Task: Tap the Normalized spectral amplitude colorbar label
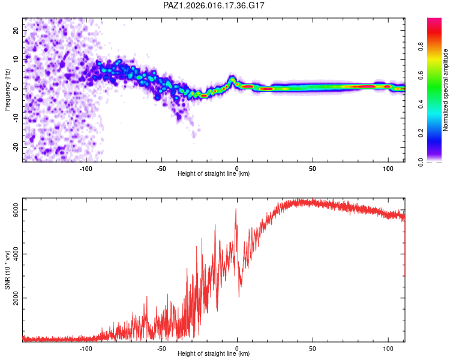tap(446, 90)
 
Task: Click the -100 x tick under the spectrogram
tap(86, 167)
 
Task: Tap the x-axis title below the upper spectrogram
tap(214, 173)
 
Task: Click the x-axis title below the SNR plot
tap(214, 354)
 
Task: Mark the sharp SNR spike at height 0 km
tap(236, 209)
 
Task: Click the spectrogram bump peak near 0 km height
tap(233, 79)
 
